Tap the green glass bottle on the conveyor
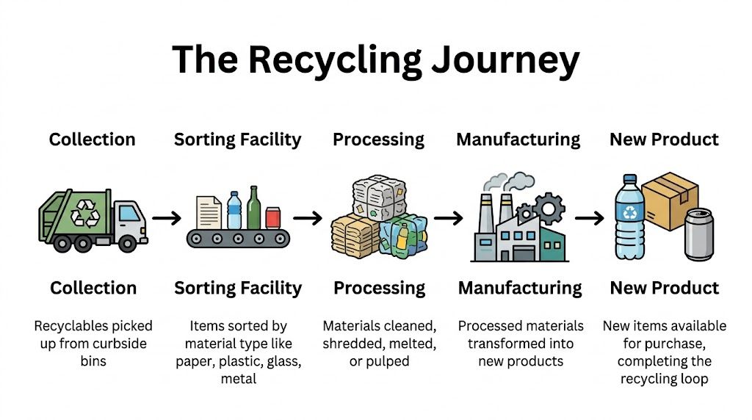pos(254,209)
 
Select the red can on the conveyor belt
pos(273,217)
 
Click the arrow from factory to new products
pos(589,218)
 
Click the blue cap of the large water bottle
pos(629,179)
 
